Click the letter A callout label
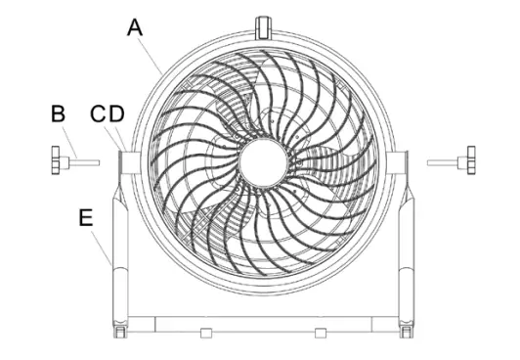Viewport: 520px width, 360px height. pos(135,27)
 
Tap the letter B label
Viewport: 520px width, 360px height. pos(59,113)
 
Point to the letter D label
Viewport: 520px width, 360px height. pos(116,114)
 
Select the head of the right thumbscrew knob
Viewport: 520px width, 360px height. pos(470,159)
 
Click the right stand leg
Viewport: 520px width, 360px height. pos(403,254)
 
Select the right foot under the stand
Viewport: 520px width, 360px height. pos(405,336)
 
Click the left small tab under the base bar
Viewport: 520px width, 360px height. pos(205,334)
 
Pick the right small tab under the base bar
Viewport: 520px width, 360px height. pos(320,334)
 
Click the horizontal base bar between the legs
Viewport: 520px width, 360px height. pos(262,323)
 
